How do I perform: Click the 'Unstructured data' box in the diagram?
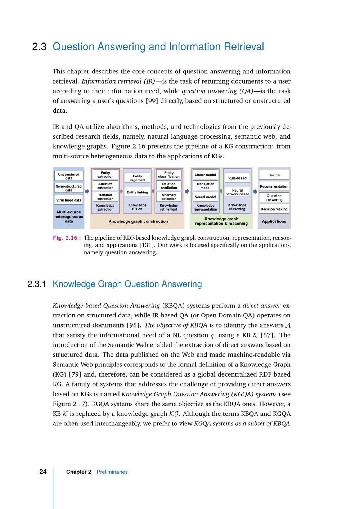[x=68, y=176]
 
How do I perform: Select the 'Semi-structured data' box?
[x=68, y=188]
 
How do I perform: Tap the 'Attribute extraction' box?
[x=105, y=186]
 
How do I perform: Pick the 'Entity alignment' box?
[x=137, y=178]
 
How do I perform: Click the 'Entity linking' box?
[x=137, y=192]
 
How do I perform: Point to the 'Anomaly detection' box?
[x=168, y=197]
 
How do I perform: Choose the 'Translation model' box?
[x=205, y=186]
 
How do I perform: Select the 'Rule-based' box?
[x=237, y=178]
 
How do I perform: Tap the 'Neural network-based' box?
[x=237, y=192]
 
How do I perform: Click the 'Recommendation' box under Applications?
[x=274, y=186]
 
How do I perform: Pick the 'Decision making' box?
[x=274, y=209]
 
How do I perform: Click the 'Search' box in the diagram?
[x=274, y=175]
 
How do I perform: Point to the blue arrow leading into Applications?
[x=255, y=192]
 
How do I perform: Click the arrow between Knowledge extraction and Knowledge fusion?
[x=121, y=192]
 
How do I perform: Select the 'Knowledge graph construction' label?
[x=138, y=221]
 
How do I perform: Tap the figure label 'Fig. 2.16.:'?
[x=67, y=238]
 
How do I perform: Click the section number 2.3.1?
[x=36, y=284]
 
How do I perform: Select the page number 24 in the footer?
[x=43, y=472]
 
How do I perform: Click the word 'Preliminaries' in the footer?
[x=112, y=472]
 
